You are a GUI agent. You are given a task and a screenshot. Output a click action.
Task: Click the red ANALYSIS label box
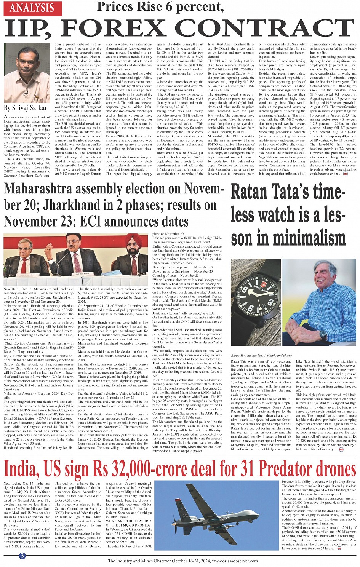pos(32,8)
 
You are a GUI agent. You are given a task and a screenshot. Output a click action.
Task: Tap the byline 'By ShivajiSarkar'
pos(26,108)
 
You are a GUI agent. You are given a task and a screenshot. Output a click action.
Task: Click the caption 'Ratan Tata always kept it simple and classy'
pos(261,356)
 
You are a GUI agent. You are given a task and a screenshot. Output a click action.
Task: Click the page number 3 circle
pos(22,556)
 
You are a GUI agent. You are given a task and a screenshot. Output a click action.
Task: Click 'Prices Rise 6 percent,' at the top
pos(160,6)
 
